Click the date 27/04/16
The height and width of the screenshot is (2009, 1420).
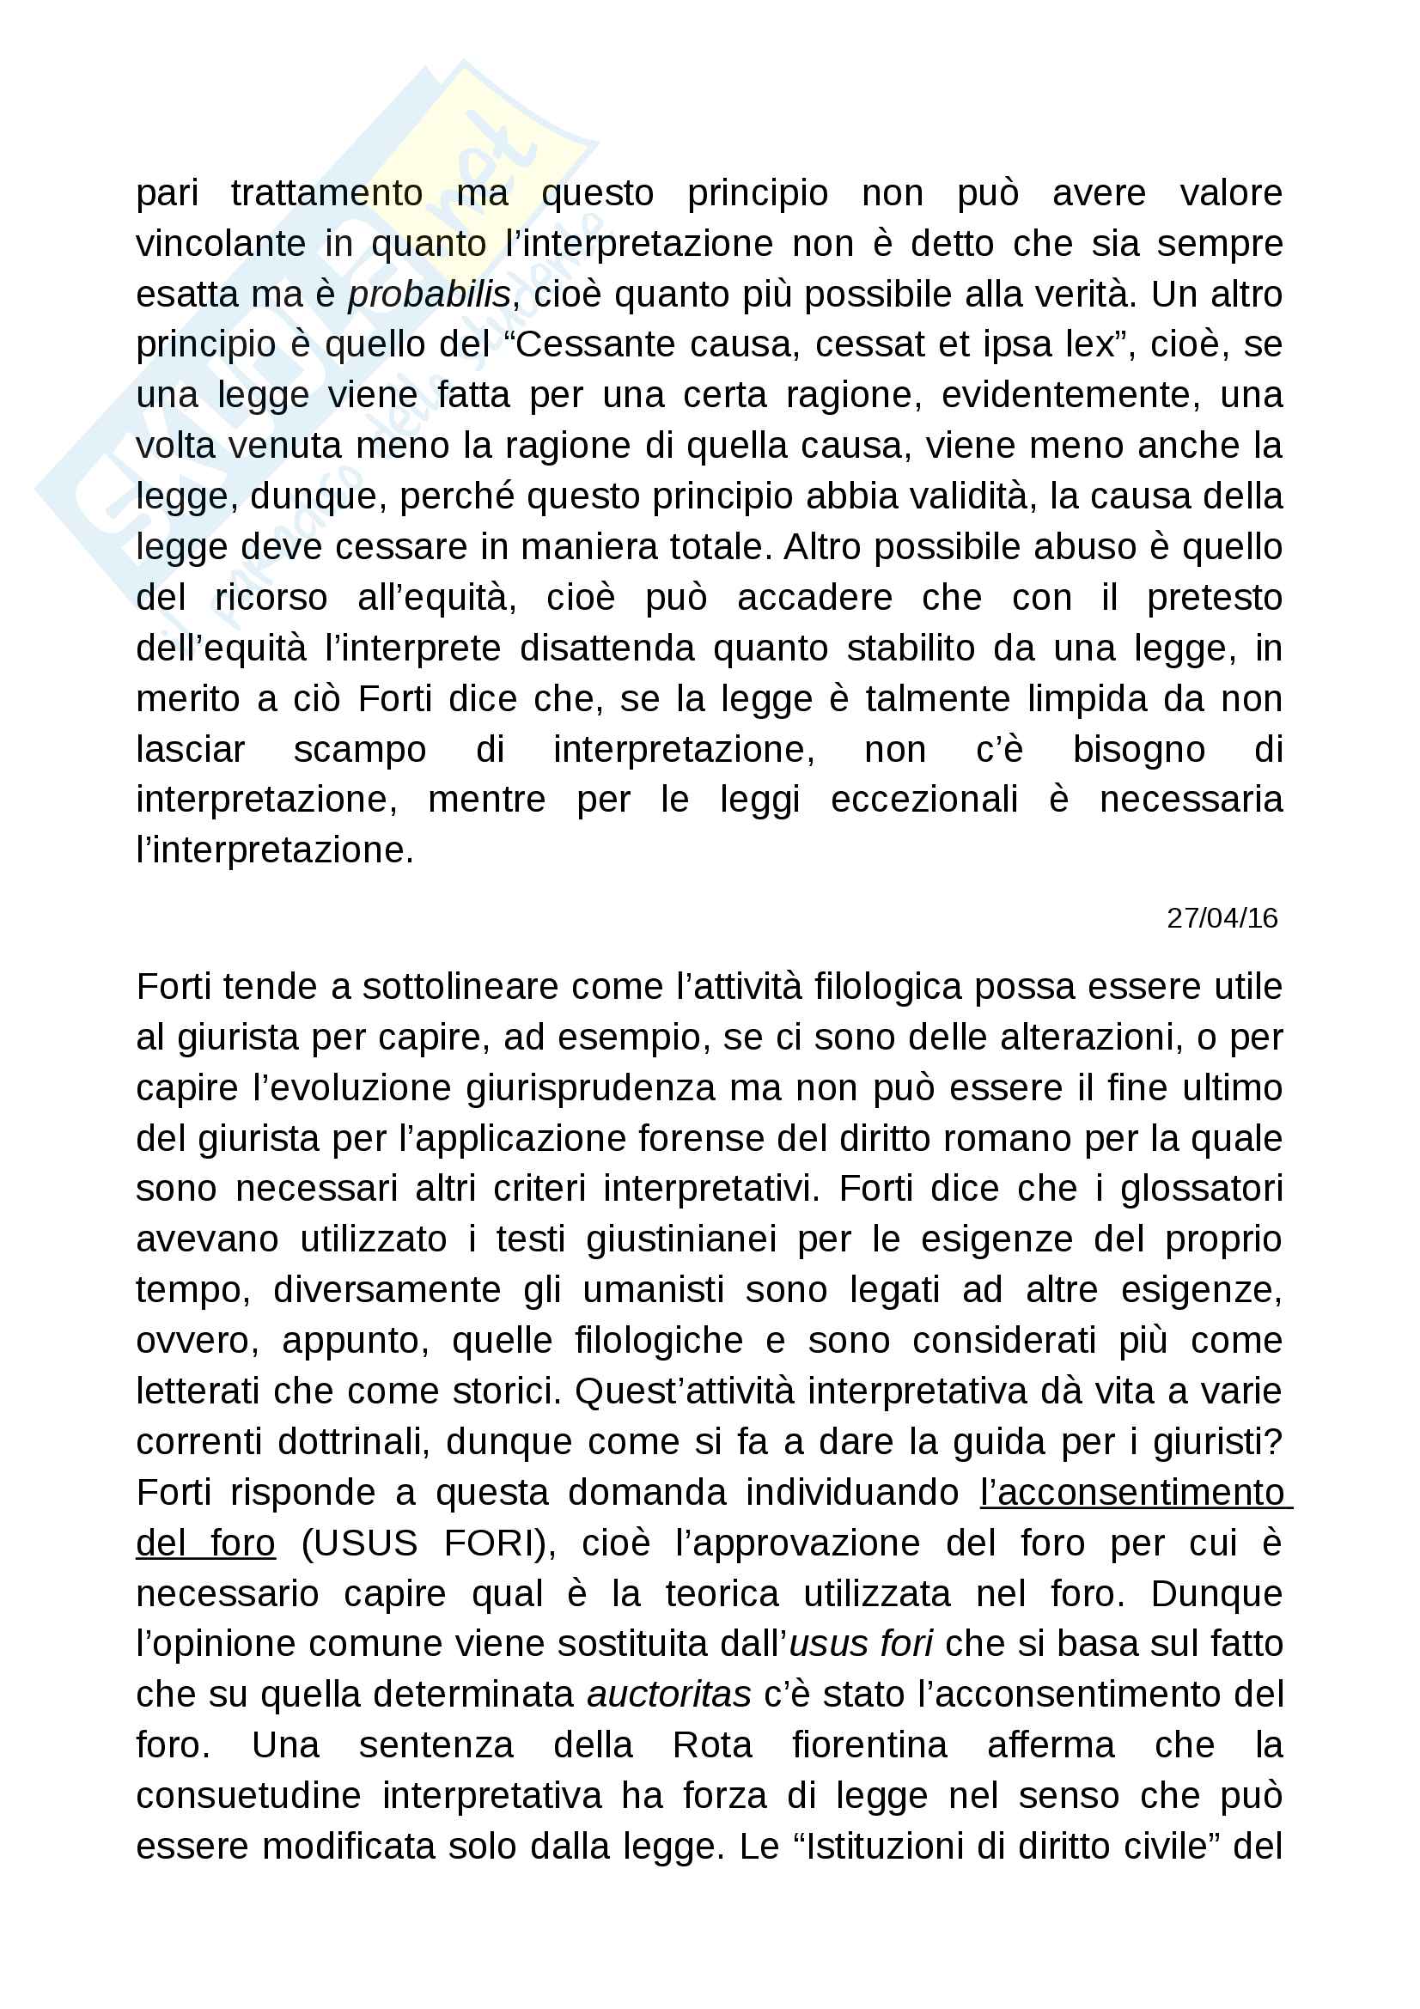[x=1222, y=918]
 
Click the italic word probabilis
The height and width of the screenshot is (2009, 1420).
[x=429, y=295]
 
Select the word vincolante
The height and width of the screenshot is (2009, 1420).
[x=222, y=244]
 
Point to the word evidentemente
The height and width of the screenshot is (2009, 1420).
[x=1070, y=395]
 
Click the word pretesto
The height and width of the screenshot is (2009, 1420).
[x=1215, y=599]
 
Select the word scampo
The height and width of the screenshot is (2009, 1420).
[x=360, y=751]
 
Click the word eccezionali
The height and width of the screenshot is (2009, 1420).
[x=924, y=801]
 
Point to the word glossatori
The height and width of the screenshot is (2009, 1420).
[x=1201, y=1189]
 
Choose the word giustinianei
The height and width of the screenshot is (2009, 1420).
[x=680, y=1240]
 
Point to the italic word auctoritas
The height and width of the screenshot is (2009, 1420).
[x=668, y=1695]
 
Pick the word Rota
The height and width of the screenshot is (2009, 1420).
[x=712, y=1745]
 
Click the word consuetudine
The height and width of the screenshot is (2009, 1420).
[x=248, y=1796]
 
